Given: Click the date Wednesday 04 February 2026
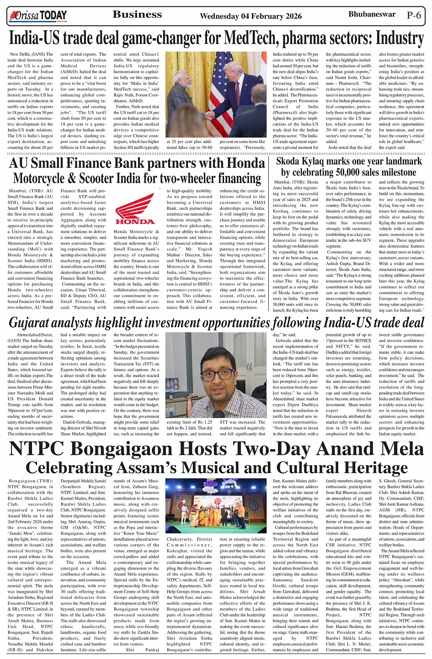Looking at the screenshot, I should [x=251, y=16].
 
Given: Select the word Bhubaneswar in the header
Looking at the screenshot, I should [x=372, y=14].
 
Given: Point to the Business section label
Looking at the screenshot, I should [x=137, y=15].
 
